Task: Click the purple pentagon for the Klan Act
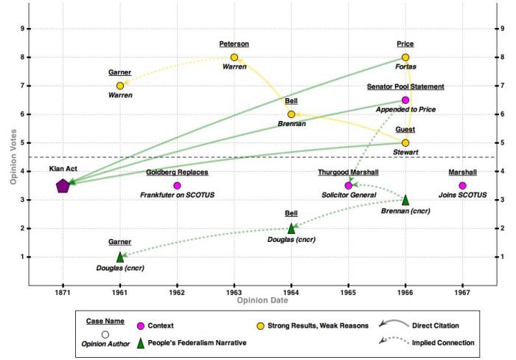[x=63, y=186]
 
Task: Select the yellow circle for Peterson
[x=234, y=58]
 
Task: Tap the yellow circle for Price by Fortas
[x=405, y=58]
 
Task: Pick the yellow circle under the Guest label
[x=405, y=142]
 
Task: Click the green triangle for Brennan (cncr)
[x=405, y=199]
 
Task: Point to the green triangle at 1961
[x=120, y=257]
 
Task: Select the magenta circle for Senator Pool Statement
[x=405, y=100]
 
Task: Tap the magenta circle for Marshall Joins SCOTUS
[x=462, y=186]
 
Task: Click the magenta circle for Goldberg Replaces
[x=177, y=186]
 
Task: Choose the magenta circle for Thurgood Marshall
[x=349, y=186]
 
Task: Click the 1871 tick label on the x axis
[x=63, y=293]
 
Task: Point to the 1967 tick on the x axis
[x=462, y=293]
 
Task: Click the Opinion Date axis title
[x=262, y=301]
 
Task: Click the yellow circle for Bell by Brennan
[x=291, y=114]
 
